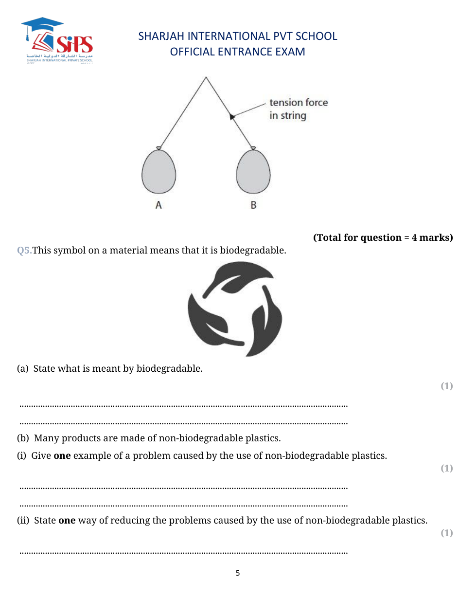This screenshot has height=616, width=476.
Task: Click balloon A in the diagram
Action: coord(159,172)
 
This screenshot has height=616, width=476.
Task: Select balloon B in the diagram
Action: coord(253,172)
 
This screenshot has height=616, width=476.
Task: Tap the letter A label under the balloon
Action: coord(159,205)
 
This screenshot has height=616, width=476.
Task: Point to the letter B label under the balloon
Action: coord(253,205)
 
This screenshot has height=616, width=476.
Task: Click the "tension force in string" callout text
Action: coord(298,109)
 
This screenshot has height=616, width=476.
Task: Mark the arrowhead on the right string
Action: coord(232,116)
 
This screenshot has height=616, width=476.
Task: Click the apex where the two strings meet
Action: coord(206,77)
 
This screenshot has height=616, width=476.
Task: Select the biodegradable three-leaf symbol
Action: coord(235,308)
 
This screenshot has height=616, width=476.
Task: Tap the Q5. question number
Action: coord(24,251)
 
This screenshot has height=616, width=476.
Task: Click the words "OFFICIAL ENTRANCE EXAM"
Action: coord(237,52)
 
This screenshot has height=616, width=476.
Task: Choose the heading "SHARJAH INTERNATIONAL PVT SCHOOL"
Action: coord(237,36)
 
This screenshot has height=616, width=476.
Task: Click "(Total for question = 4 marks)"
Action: coord(383,237)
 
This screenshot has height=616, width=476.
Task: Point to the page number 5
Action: coord(238,573)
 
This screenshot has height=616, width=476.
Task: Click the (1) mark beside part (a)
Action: coord(446,386)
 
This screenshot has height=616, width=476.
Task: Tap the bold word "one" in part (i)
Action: coord(62,456)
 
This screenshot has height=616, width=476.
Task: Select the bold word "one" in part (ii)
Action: coord(67,521)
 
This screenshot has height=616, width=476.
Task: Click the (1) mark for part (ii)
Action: coord(446,533)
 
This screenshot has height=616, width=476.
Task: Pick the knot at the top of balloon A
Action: coord(159,148)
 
